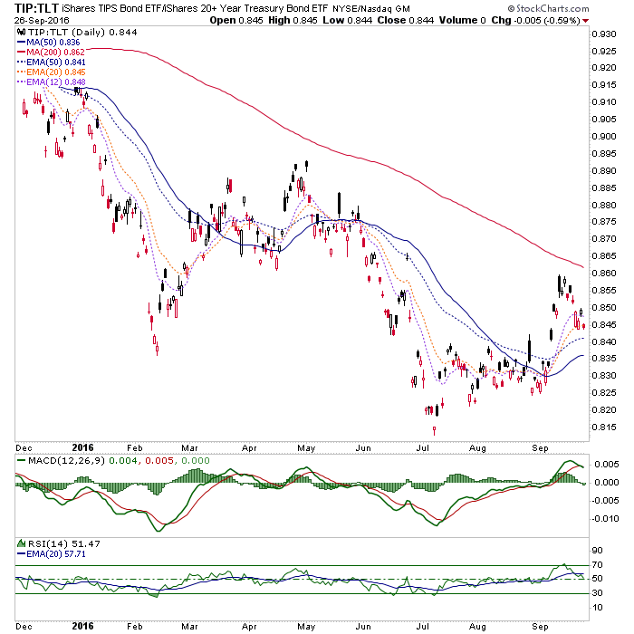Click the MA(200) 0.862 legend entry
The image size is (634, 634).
click(51, 53)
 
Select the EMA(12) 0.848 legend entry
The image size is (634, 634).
click(52, 82)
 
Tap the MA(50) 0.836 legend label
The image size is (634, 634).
click(49, 43)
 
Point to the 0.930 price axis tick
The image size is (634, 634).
click(604, 34)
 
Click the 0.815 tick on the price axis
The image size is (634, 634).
click(604, 427)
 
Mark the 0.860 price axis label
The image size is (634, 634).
click(604, 274)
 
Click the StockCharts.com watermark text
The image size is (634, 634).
click(548, 8)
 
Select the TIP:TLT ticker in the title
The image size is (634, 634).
click(36, 8)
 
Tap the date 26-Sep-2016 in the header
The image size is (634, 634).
click(42, 20)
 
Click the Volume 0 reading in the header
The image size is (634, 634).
click(463, 20)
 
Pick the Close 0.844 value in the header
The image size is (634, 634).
click(406, 20)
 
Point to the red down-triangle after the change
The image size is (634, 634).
click(586, 21)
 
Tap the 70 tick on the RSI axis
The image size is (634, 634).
click(597, 565)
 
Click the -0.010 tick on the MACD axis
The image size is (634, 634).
click(605, 518)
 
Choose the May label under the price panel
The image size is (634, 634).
click(306, 448)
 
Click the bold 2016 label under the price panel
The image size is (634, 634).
click(83, 447)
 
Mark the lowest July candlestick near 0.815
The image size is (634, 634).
click(434, 430)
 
